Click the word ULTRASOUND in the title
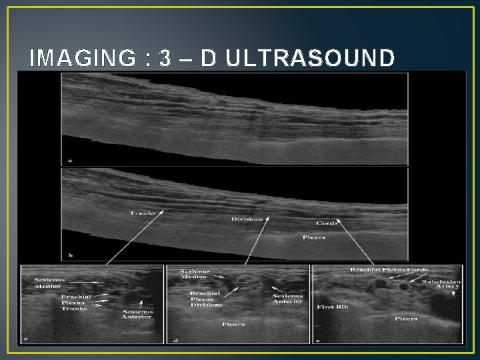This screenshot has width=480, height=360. [x=310, y=59]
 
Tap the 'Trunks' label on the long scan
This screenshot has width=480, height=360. [x=142, y=213]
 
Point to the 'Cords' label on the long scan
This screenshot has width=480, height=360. [x=327, y=223]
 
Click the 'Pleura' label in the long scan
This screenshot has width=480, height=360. [x=313, y=237]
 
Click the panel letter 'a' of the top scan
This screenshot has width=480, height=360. [x=70, y=160]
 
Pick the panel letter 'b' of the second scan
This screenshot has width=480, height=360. [x=70, y=255]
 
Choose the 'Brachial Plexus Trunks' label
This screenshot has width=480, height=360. [x=75, y=302]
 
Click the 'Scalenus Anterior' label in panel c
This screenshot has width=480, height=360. [x=137, y=313]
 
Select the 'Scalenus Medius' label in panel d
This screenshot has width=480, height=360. [x=196, y=274]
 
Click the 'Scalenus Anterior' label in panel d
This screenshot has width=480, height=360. [x=287, y=298]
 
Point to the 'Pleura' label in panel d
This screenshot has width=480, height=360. [x=233, y=325]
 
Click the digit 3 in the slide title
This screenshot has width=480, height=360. [x=165, y=59]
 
